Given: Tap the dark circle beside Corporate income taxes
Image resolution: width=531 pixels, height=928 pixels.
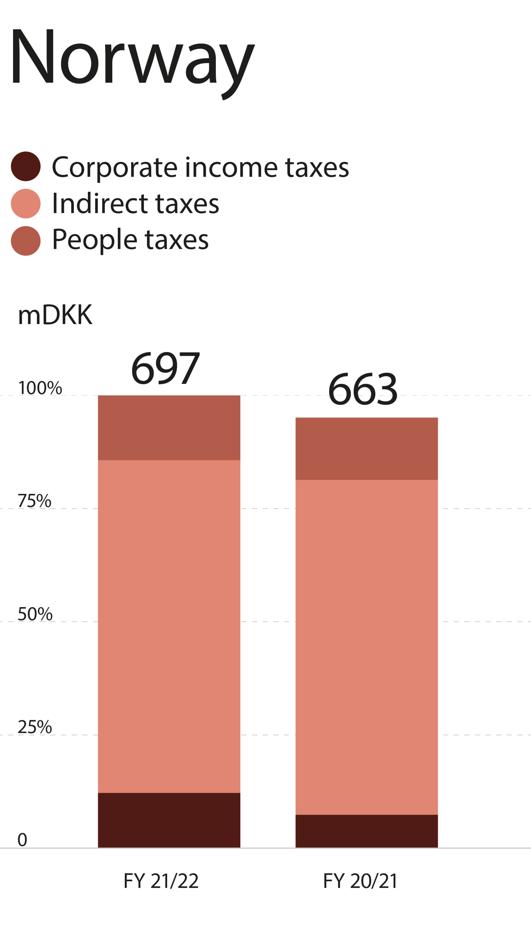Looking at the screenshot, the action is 25,166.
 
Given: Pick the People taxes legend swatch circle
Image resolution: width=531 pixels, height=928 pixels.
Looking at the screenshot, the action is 25,241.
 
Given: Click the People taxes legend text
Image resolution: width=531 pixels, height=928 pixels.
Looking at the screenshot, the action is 130,240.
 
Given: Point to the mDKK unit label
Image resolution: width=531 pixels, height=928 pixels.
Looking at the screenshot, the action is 55,315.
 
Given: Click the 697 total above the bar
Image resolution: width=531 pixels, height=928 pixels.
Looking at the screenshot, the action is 166,368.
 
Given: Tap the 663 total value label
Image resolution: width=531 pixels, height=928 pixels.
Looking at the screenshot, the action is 363,389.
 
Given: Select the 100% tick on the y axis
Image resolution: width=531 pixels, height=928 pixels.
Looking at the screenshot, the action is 40,388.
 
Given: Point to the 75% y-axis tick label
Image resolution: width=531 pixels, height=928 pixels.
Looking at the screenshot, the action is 35,501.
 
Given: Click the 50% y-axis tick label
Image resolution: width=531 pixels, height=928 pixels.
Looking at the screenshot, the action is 35,614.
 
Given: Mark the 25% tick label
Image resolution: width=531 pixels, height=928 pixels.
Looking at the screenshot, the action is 35,727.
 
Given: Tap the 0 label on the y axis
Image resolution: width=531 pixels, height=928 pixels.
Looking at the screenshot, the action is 22,840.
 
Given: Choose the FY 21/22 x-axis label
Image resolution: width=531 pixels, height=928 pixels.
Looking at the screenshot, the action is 161,881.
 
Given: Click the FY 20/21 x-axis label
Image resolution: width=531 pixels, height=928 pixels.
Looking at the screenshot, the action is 360,881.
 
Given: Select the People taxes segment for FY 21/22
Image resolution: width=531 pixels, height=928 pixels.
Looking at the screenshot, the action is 169,427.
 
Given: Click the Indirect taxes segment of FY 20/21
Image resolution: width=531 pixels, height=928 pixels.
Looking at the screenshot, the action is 366,647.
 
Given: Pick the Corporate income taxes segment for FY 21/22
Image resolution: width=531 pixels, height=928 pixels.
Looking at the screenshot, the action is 169,820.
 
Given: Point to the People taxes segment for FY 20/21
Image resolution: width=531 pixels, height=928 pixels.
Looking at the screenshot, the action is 366,449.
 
